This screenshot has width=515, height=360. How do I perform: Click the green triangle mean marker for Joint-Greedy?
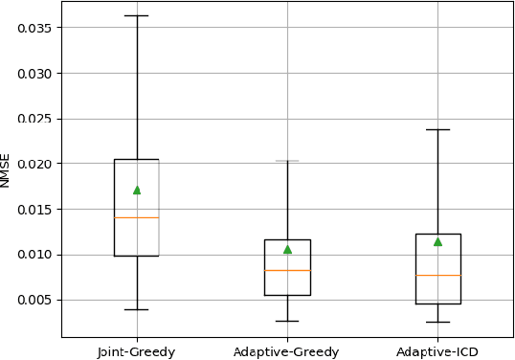(x=137, y=190)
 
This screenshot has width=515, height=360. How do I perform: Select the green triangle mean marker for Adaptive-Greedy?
(x=287, y=249)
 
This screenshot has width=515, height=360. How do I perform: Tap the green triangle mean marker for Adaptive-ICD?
(x=437, y=241)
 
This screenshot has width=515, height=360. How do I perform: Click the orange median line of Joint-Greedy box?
(x=137, y=217)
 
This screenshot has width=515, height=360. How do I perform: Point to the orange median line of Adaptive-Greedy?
(x=287, y=270)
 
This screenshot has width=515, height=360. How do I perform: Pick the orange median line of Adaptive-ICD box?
(x=437, y=275)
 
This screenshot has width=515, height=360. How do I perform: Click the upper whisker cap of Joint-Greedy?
(x=137, y=15)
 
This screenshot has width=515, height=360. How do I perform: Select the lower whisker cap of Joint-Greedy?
(x=137, y=309)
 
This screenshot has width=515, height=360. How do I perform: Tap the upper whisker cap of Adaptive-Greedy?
(x=287, y=161)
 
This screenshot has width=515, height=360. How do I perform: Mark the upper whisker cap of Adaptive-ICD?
(x=437, y=129)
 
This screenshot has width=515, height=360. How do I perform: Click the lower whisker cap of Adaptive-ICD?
(x=437, y=322)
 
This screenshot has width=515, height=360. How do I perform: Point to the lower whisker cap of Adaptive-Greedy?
(x=287, y=321)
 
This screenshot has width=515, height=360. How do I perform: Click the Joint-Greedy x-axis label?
(x=137, y=351)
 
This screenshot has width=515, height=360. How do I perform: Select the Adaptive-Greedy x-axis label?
(x=287, y=351)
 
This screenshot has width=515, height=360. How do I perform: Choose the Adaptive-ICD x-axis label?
(x=437, y=351)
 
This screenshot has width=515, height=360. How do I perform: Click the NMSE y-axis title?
(x=7, y=169)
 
